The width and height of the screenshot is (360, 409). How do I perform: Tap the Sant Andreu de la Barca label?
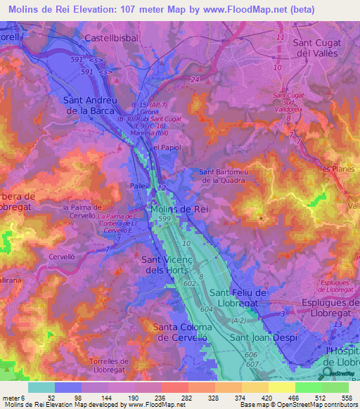click(94, 105)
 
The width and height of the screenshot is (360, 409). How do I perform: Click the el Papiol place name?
click(168, 148)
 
